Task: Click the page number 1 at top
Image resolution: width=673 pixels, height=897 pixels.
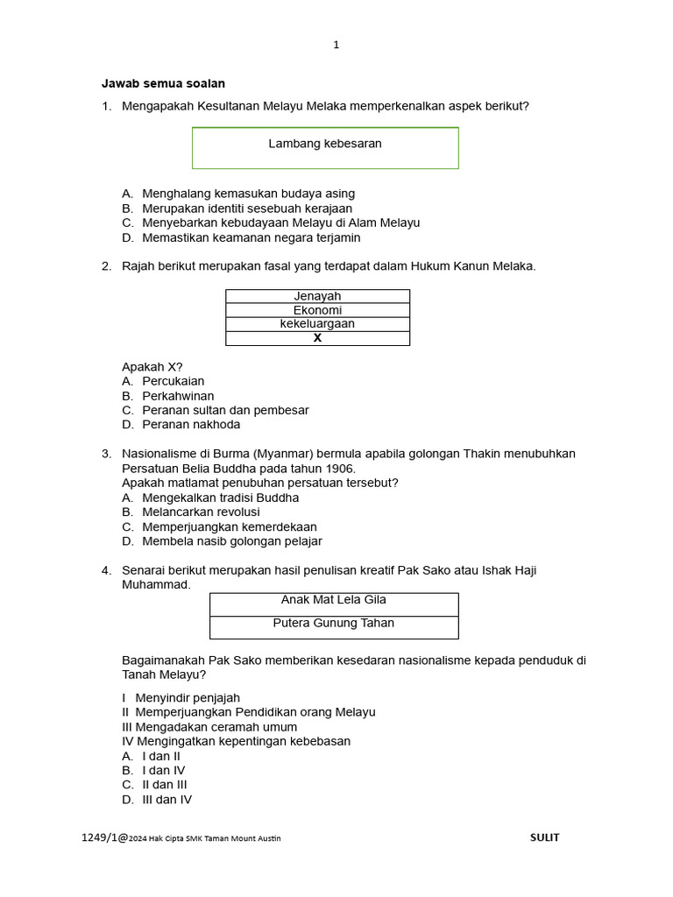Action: tap(336, 46)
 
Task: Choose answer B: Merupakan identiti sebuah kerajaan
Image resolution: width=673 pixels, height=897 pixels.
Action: tap(246, 208)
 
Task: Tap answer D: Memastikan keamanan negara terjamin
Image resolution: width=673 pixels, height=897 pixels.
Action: tap(251, 237)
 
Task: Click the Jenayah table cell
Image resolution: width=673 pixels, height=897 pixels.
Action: tap(317, 296)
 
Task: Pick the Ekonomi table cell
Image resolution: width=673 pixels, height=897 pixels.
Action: tap(317, 310)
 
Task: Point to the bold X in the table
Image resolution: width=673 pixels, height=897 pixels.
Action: tap(317, 338)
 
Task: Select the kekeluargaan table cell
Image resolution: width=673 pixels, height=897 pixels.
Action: tap(317, 324)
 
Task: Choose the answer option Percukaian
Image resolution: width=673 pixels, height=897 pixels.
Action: tap(173, 381)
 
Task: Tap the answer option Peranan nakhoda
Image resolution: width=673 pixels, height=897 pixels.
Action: tap(190, 424)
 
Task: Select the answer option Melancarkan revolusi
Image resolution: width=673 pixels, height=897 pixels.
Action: tap(201, 512)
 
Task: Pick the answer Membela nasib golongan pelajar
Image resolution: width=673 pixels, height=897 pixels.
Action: tap(231, 541)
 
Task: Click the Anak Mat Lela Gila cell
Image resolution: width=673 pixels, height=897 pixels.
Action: tap(333, 600)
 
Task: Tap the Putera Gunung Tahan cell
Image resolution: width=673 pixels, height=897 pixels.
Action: tap(333, 624)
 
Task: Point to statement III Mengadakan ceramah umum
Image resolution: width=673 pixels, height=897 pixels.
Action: tap(209, 727)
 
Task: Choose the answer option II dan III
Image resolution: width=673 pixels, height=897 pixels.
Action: tap(164, 785)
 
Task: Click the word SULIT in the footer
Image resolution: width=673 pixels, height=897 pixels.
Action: tap(544, 837)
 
